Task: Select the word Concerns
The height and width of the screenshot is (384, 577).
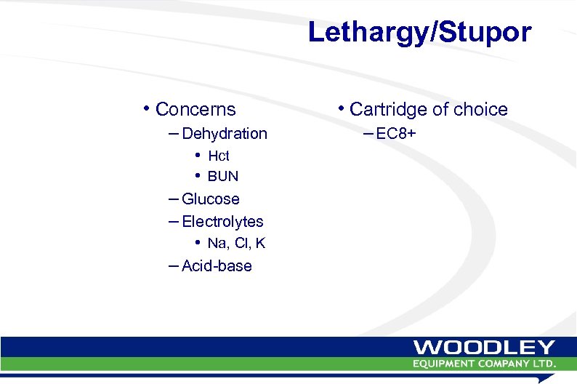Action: [x=195, y=110]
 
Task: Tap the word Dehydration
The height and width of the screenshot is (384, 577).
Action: [x=225, y=134]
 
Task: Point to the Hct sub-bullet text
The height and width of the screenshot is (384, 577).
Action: [x=219, y=156]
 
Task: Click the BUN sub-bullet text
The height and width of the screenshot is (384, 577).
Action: [x=223, y=177]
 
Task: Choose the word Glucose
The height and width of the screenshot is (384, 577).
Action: [x=211, y=199]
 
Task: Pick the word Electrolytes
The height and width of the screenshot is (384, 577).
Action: [x=222, y=222]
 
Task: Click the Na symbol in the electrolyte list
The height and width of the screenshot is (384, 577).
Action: [x=216, y=244]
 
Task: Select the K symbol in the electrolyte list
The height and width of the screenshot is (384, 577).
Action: [x=260, y=244]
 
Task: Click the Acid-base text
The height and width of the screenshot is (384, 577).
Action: [x=217, y=266]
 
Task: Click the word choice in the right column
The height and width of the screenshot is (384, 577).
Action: [x=480, y=110]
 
